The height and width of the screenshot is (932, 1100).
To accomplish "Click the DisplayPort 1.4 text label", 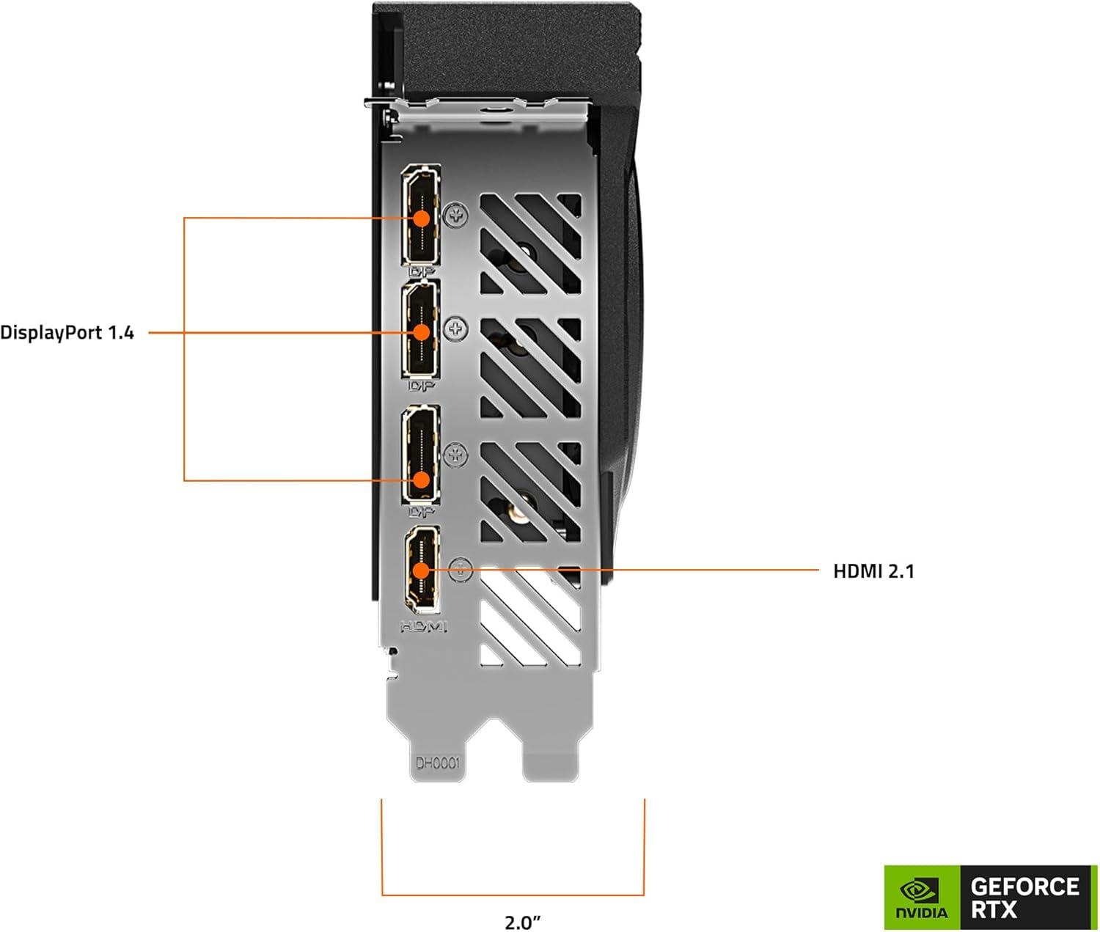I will (67, 333).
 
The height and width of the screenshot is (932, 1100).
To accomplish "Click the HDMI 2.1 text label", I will (873, 571).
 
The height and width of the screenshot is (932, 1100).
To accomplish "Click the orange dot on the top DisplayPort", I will (422, 218).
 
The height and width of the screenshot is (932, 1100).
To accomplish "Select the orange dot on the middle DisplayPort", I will (422, 332).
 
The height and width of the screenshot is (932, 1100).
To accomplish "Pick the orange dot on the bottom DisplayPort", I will (422, 480).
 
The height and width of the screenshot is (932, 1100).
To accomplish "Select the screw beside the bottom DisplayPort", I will (456, 455).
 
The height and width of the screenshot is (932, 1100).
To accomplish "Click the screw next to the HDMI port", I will (459, 569).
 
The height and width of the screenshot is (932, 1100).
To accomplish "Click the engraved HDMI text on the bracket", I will (423, 627).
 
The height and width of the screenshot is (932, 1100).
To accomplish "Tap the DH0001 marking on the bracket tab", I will (437, 763).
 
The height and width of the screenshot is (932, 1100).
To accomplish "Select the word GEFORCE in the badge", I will (1024, 887).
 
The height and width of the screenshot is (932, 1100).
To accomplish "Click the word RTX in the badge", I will (994, 911).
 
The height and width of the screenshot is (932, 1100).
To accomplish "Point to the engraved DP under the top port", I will (421, 272).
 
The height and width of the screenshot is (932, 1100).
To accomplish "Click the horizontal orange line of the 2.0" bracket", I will (513, 895).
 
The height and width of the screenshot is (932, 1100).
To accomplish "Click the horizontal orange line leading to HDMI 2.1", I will (623, 569).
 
